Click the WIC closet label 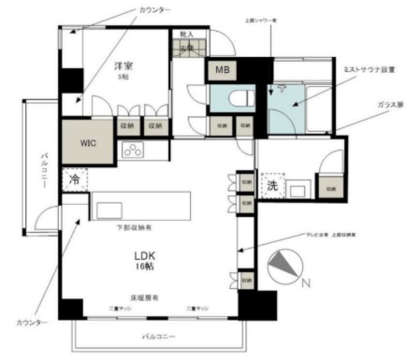click(x=88, y=142)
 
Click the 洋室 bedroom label click(x=123, y=66)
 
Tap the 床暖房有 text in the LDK click(x=144, y=297)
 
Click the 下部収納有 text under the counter click(x=132, y=227)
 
